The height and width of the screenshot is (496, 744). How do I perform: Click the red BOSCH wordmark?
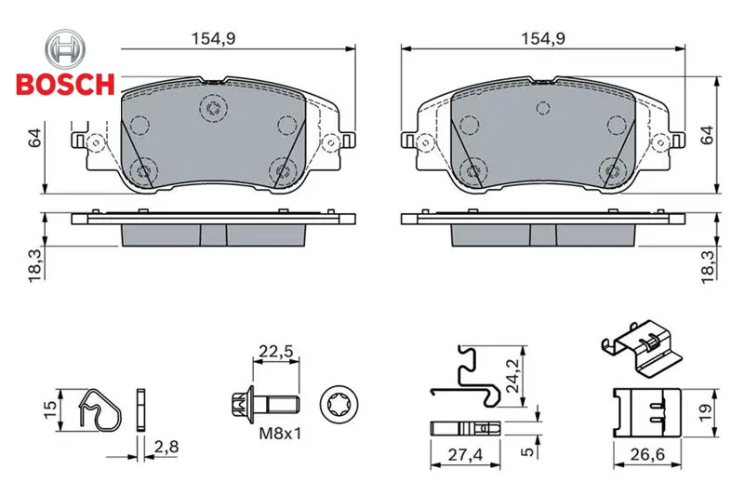[65, 85]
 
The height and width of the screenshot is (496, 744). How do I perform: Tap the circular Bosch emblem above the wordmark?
[65, 49]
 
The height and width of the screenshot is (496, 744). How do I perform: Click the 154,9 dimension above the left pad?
[213, 38]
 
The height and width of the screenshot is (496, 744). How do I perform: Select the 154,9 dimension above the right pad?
[543, 38]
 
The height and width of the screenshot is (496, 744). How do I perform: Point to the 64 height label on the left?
[36, 137]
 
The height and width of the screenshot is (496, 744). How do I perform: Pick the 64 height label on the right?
[707, 135]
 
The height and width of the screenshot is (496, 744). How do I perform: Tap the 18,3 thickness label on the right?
[708, 267]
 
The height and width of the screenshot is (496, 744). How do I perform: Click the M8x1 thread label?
[280, 434]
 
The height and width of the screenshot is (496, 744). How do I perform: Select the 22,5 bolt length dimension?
[276, 352]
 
